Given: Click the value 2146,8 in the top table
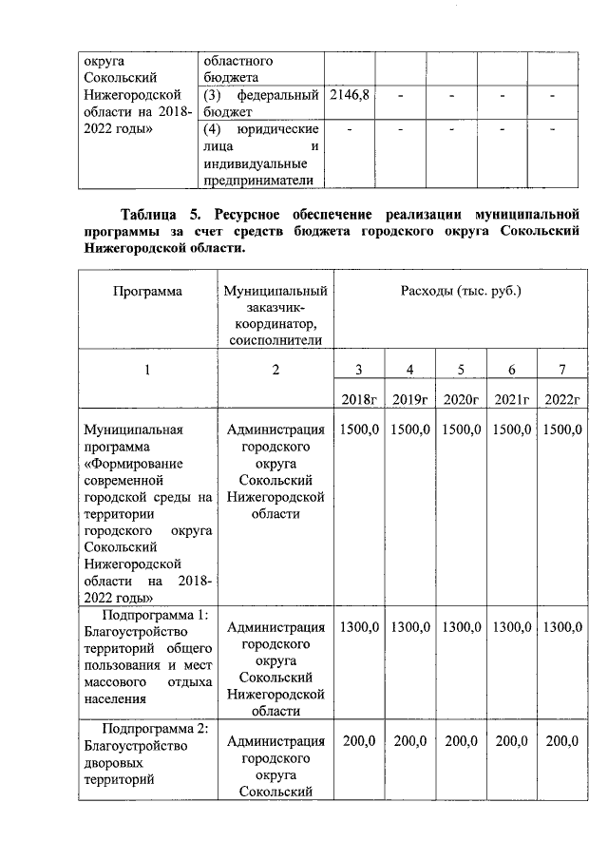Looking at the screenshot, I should pyautogui.click(x=349, y=96).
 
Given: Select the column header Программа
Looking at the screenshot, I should pyautogui.click(x=147, y=292).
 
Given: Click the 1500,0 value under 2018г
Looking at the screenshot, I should pyautogui.click(x=359, y=430).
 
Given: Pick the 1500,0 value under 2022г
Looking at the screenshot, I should pyautogui.click(x=562, y=430).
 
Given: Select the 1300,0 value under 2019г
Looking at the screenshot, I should pyautogui.click(x=410, y=627).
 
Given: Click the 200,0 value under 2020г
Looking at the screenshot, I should pyautogui.click(x=461, y=741).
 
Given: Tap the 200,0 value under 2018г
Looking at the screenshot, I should pyautogui.click(x=359, y=741).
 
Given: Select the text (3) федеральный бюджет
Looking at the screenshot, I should pyautogui.click(x=259, y=104).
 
